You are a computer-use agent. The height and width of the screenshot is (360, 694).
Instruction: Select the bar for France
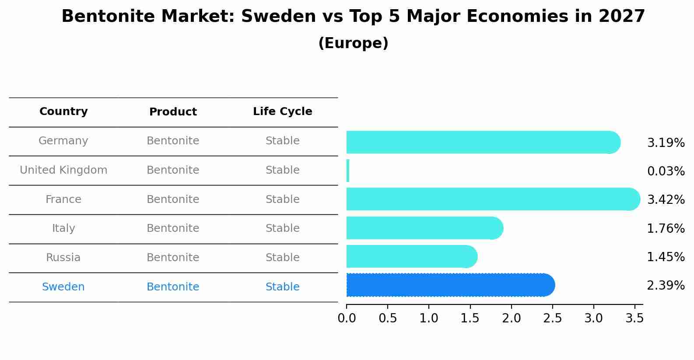492,199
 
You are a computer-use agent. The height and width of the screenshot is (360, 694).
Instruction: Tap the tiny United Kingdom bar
348,171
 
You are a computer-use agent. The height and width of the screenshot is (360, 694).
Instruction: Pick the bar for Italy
424,228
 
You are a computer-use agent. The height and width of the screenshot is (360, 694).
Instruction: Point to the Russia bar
411,256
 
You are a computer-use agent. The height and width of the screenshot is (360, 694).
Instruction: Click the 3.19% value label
666,143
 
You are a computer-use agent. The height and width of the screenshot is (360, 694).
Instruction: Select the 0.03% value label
666,171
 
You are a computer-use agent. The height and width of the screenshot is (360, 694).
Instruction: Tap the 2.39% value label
666,286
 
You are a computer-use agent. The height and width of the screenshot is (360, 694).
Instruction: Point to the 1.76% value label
666,228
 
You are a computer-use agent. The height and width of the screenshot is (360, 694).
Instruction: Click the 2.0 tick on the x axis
511,318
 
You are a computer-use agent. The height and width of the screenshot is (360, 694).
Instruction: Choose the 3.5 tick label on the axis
634,318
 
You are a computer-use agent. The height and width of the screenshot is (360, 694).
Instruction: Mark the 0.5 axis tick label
388,318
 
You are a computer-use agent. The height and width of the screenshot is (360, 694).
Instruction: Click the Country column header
63,112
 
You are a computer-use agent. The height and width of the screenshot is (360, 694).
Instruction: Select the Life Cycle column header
282,112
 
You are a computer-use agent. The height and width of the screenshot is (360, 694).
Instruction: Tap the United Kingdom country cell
63,170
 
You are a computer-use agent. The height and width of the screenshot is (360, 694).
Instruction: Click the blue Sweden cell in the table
63,287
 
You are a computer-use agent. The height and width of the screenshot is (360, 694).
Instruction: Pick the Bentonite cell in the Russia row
173,258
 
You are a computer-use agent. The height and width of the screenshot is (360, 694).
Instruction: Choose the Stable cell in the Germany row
282,141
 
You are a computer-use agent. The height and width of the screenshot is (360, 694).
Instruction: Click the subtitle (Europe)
353,43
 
